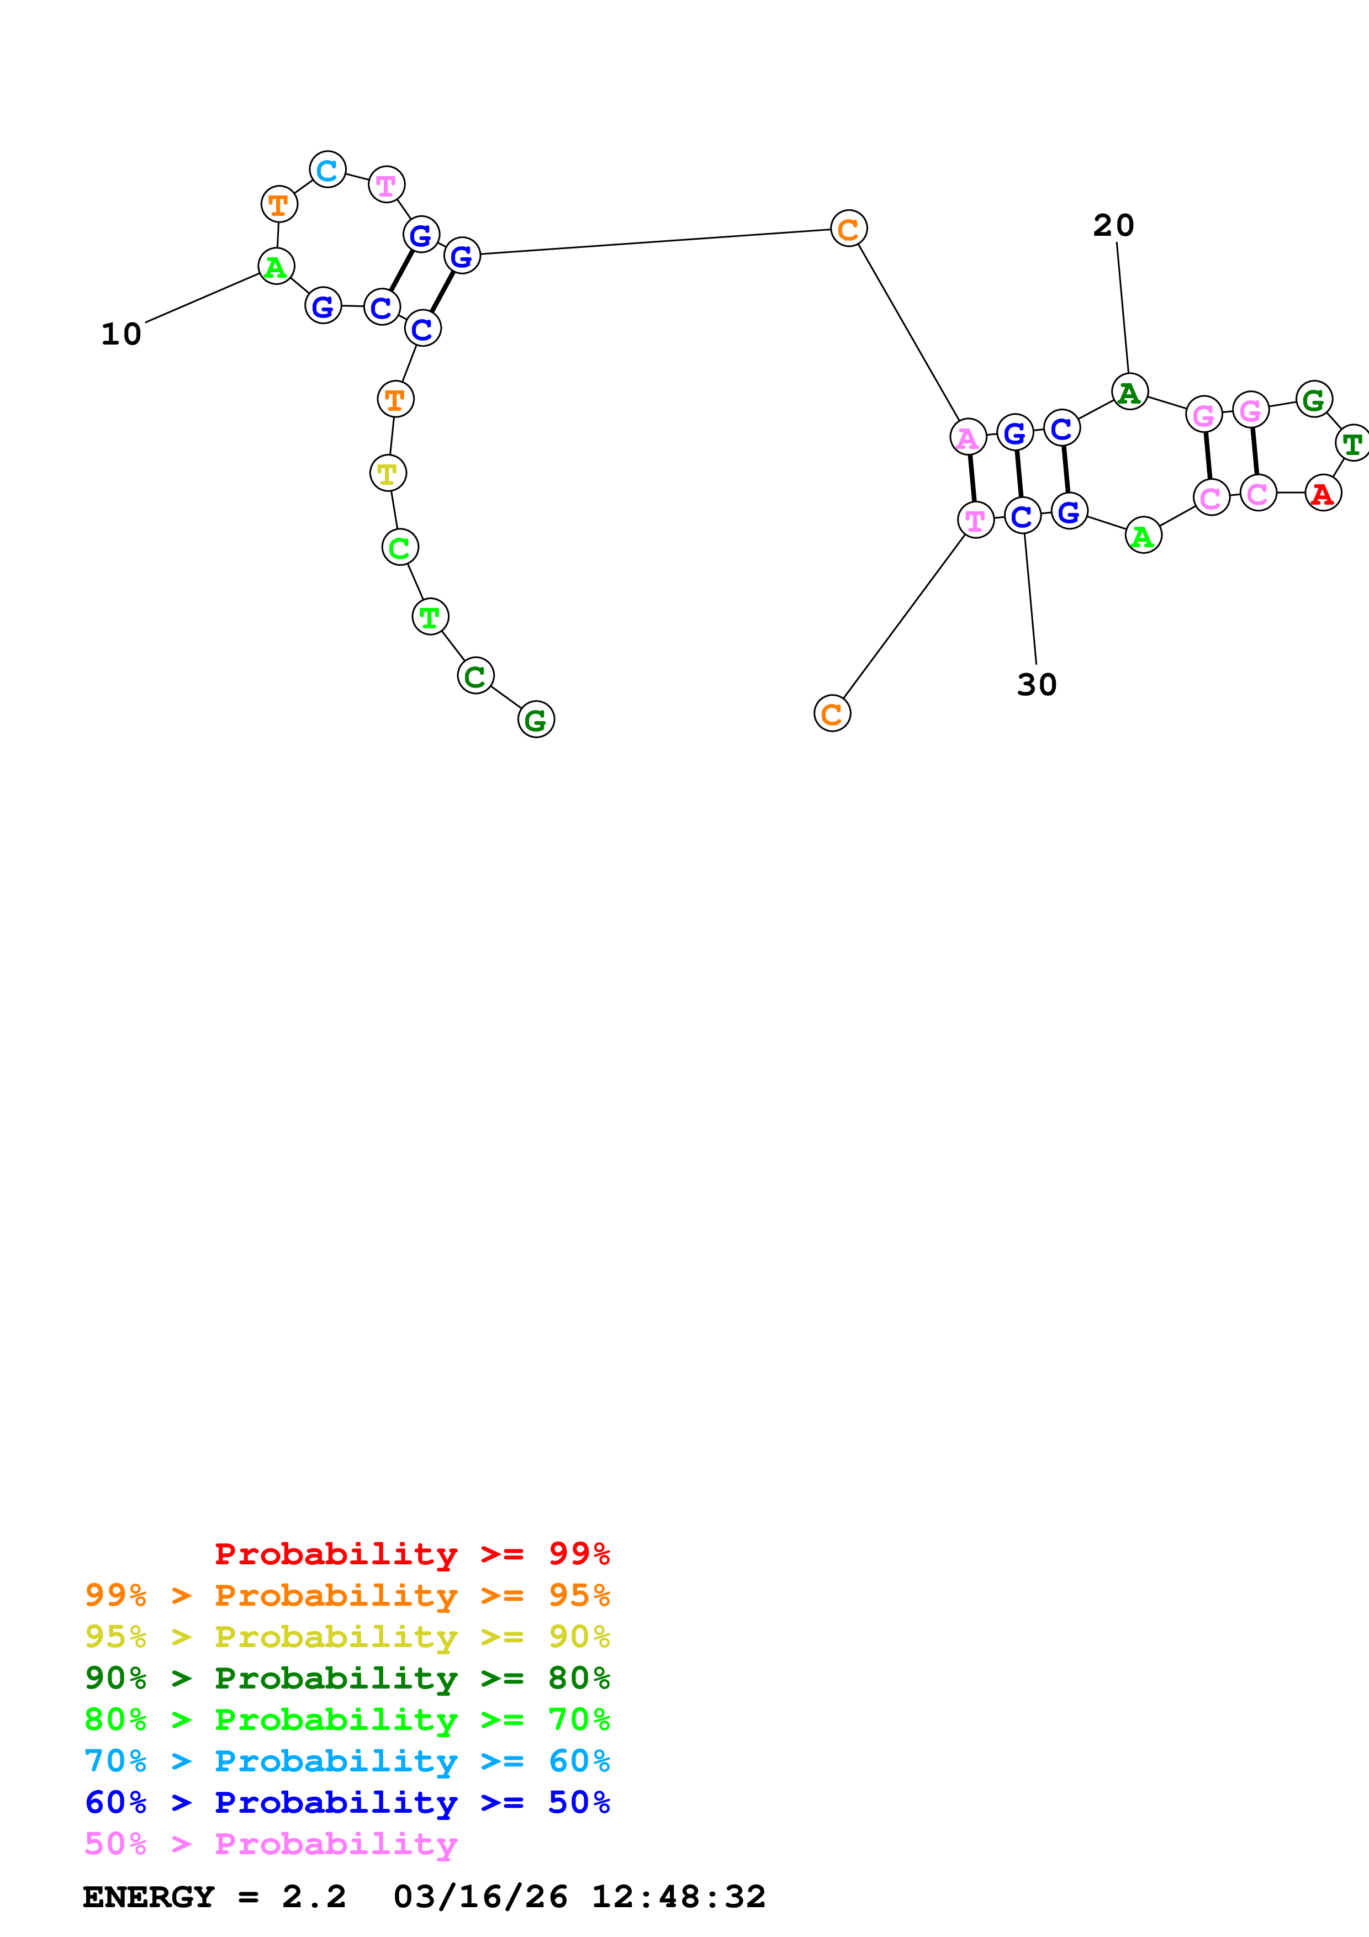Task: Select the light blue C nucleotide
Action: pos(327,171)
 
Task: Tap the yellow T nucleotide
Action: pos(388,473)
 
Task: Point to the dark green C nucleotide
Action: pos(475,676)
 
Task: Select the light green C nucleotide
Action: pos(400,548)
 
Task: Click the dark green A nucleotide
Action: pos(1129,392)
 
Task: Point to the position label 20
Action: pos(1113,225)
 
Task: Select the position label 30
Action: pos(1037,684)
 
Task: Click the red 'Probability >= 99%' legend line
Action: pos(411,1554)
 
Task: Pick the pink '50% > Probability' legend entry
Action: pos(271,1843)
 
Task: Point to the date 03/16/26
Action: pos(480,1897)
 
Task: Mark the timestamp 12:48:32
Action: pos(678,1897)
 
